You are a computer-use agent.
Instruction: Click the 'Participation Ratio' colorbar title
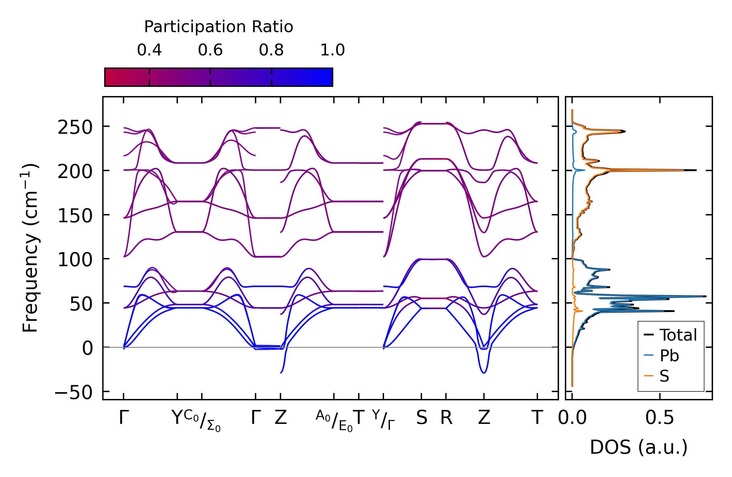219,27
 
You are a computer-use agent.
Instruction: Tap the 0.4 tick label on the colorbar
149,50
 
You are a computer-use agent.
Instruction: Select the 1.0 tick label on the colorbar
333,50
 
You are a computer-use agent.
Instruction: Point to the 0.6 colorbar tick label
210,50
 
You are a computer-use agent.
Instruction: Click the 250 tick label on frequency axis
75,128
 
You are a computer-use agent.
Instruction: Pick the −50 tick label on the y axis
74,392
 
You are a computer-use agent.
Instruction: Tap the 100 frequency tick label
75,260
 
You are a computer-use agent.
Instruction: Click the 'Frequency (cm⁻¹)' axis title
30,248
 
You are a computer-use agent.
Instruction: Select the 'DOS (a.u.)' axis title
639,447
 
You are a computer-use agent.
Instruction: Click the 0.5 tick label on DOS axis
660,418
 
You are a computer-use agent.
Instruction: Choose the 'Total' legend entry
678,335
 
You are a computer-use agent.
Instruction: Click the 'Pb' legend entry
669,356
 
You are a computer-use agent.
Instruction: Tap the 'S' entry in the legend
664,376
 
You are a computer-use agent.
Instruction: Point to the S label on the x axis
422,418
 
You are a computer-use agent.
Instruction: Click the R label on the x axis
446,418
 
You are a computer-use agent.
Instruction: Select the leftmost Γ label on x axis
123,418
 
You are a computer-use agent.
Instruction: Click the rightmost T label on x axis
537,418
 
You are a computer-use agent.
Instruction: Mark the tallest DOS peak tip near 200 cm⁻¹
695,170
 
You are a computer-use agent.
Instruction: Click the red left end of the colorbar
108,77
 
